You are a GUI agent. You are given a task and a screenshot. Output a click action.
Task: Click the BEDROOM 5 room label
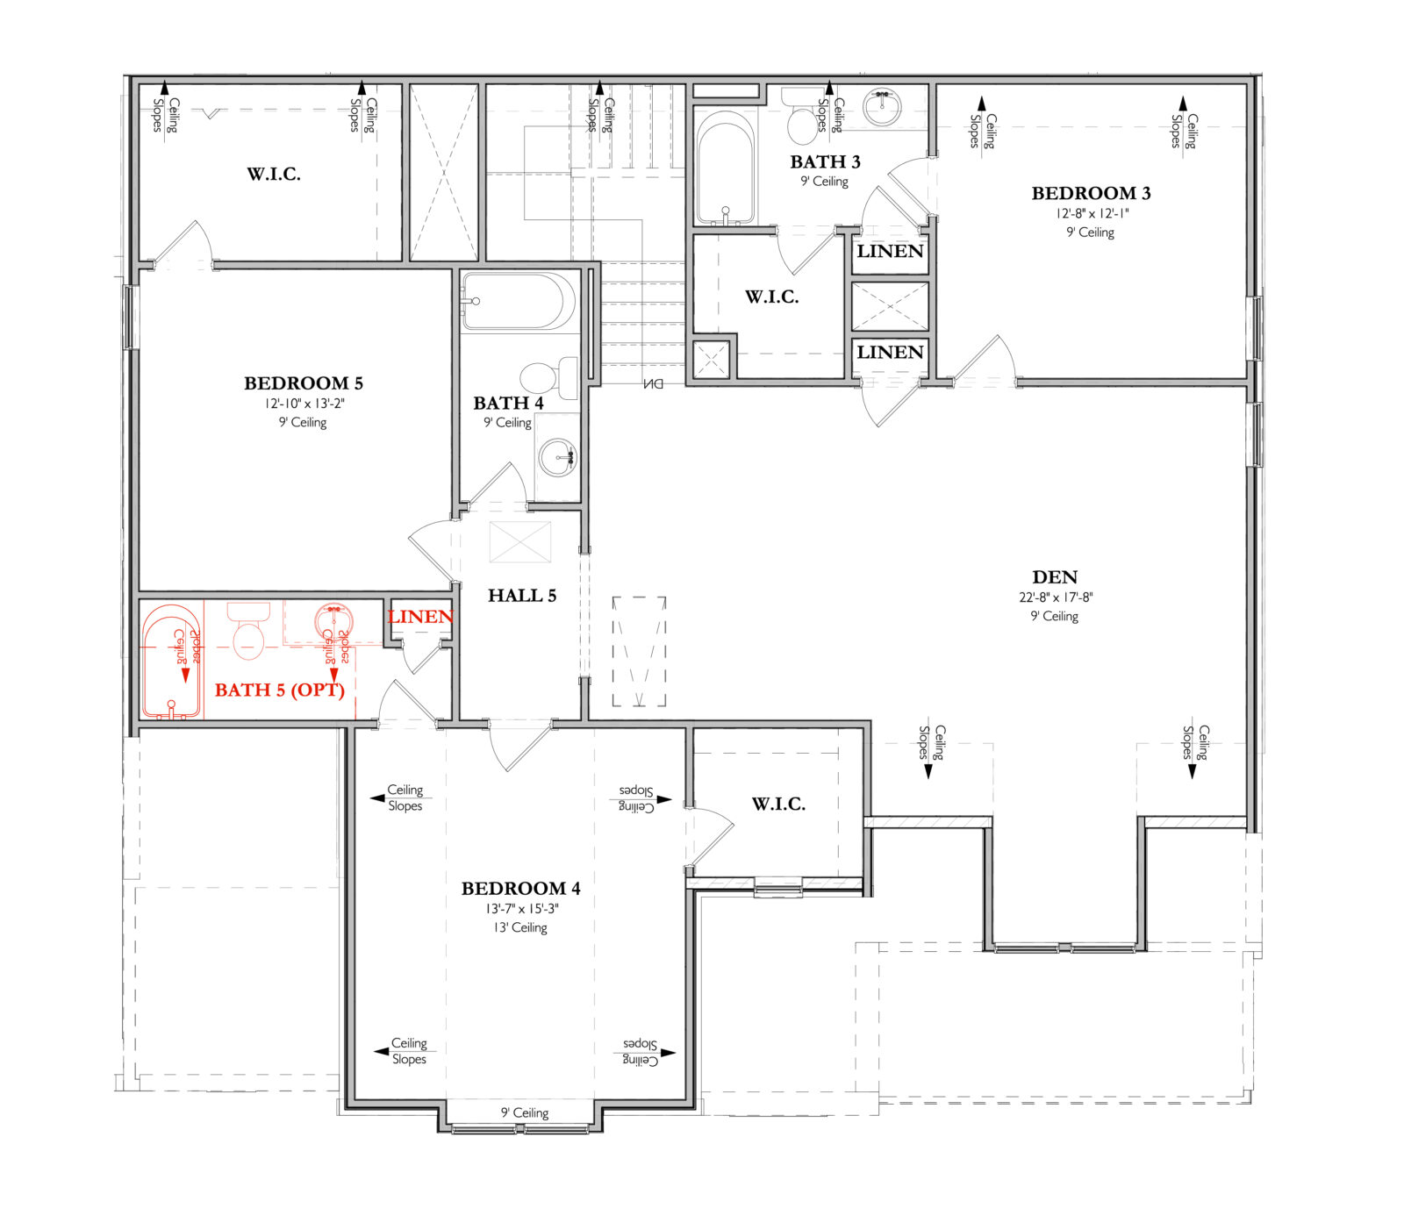[x=303, y=383]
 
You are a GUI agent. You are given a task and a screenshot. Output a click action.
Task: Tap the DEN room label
[x=1054, y=577]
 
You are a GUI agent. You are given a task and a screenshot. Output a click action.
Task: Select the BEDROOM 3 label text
[x=1090, y=193]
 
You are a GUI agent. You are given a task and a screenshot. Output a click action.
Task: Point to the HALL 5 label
[x=522, y=596]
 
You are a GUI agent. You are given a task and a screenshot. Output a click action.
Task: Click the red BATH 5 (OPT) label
[x=279, y=690]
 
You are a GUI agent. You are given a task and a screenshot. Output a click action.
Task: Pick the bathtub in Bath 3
[x=725, y=171]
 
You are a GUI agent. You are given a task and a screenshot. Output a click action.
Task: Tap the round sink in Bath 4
[x=557, y=457]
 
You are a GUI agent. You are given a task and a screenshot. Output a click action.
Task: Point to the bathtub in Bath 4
[x=518, y=301]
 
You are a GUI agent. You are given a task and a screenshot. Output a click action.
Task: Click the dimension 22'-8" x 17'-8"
[x=1055, y=597]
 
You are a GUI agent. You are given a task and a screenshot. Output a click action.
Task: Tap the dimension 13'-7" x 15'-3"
[x=521, y=909]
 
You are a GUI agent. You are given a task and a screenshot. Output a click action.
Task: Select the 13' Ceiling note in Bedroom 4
[x=520, y=927]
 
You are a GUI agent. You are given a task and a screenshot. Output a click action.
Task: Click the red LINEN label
[x=420, y=617]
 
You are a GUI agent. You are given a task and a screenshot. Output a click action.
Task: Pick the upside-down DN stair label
[x=653, y=383]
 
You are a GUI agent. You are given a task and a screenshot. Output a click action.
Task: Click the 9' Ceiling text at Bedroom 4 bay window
[x=524, y=1112]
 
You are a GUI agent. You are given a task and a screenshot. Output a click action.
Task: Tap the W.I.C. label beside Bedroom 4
[x=778, y=804]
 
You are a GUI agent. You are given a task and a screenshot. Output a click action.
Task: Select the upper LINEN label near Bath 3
[x=890, y=251]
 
